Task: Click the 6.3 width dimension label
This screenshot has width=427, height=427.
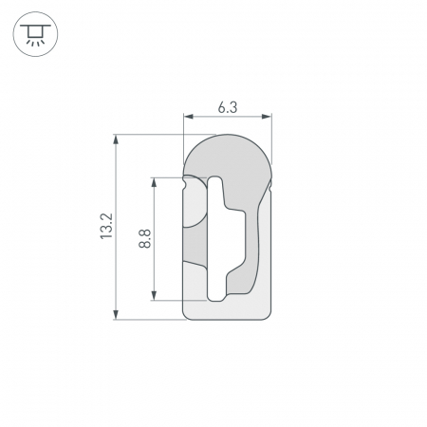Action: click(x=228, y=108)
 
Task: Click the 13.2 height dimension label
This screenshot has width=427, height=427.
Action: click(x=106, y=226)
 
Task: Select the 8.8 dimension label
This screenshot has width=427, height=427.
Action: click(x=145, y=239)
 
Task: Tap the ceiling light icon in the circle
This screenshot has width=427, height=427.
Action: click(x=35, y=34)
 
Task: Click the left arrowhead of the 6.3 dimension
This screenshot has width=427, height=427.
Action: click(x=189, y=117)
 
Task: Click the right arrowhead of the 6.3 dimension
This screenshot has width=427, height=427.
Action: click(x=267, y=117)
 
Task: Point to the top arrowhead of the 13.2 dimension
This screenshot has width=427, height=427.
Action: click(x=116, y=139)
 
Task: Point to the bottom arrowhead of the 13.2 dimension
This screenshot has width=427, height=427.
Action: click(x=116, y=315)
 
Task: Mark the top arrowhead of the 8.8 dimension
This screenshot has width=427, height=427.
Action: click(x=154, y=182)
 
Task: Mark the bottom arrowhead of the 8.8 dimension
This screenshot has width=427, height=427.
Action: click(x=154, y=295)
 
